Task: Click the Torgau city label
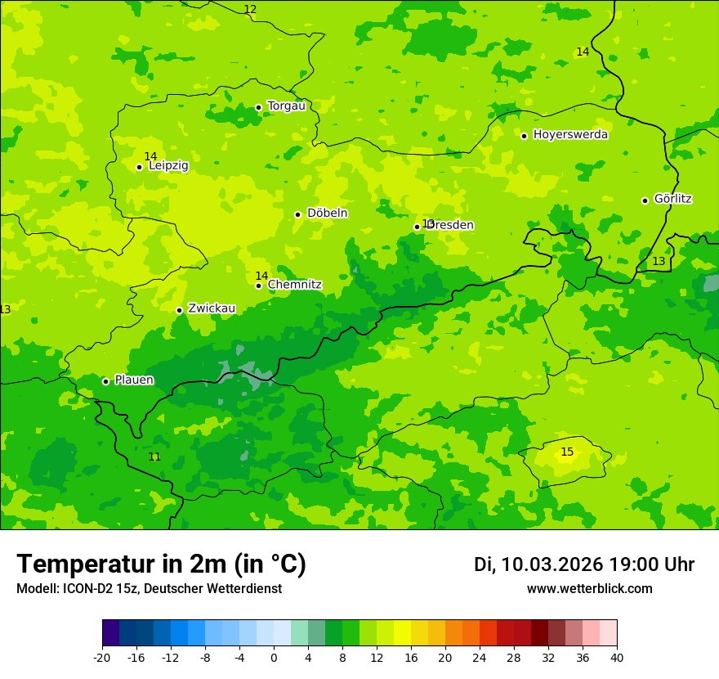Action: [x=286, y=106]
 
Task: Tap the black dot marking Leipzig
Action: [x=139, y=167]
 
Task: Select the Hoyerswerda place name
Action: [x=570, y=134]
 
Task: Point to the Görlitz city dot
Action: [x=645, y=200]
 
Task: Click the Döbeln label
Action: [x=327, y=213]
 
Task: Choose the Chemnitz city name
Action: [x=294, y=285]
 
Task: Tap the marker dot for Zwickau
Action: [x=179, y=310]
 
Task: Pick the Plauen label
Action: [x=134, y=380]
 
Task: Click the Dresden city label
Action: [x=450, y=225]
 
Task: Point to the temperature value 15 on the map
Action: [x=567, y=452]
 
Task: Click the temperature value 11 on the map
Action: [x=154, y=456]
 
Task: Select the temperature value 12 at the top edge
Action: [x=250, y=9]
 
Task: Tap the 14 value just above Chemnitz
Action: [x=261, y=276]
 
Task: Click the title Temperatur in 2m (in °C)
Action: [x=161, y=564]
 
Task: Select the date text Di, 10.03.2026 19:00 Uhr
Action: [x=584, y=564]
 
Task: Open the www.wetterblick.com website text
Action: [x=589, y=589]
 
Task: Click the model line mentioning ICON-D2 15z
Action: [x=149, y=589]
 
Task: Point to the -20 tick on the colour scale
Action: [x=102, y=657]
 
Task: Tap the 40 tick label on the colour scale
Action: [x=617, y=657]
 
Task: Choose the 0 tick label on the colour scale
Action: [x=274, y=657]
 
